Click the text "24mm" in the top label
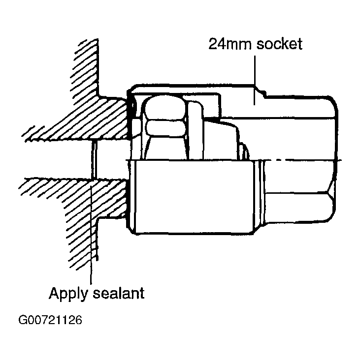pyautogui.click(x=230, y=44)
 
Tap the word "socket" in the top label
pyautogui.click(x=279, y=44)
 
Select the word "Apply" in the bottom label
pyautogui.click(x=68, y=294)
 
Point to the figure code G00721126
pyautogui.click(x=50, y=320)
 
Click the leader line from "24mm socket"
pyautogui.click(x=255, y=80)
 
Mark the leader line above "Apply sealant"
pyautogui.click(x=91, y=233)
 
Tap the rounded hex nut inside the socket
pyautogui.click(x=165, y=116)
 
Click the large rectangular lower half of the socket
pyautogui.click(x=193, y=197)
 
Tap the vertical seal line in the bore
pyautogui.click(x=94, y=160)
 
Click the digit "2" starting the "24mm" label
pyautogui.click(x=213, y=44)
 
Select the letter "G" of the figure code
pyautogui.click(x=23, y=320)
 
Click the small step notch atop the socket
pyautogui.click(x=261, y=91)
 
